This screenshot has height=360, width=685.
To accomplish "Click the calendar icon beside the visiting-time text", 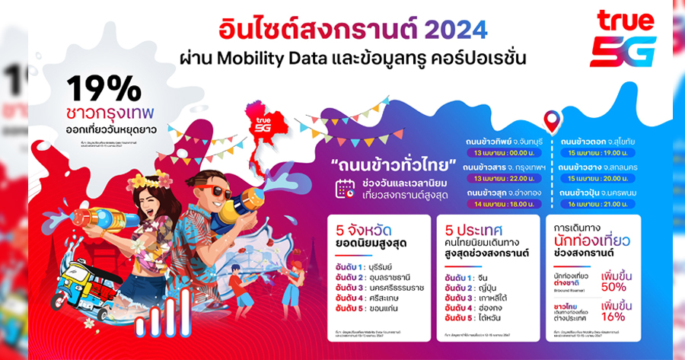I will (x=345, y=189).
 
